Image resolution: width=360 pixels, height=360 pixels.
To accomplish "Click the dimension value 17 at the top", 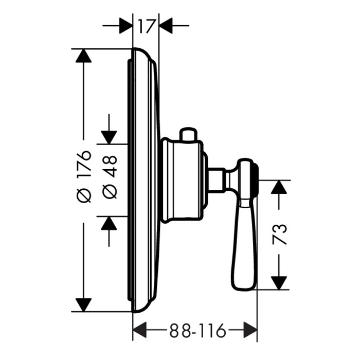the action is coord(146,26).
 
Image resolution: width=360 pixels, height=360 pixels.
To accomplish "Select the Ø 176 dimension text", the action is coord(84,176).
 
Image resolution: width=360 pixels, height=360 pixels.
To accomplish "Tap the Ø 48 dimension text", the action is coord(110,177).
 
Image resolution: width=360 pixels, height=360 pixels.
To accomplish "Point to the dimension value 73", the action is coord(279,235).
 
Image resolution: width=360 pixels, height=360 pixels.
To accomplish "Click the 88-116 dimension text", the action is coord(197,331).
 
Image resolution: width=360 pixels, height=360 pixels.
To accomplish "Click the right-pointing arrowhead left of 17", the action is coord(126,26).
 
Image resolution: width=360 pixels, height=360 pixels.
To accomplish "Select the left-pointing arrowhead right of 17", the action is coord(166,26).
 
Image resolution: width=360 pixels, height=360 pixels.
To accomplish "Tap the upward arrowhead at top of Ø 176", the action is coord(83,56).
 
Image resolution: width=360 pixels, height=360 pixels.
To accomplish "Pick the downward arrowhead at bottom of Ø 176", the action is coord(83,305).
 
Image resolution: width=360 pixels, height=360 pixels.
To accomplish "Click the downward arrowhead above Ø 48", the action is coord(109,137).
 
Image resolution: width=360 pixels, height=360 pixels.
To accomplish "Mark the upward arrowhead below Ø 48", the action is coord(109,223).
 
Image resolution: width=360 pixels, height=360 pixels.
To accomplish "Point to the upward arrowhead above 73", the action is coord(279,187).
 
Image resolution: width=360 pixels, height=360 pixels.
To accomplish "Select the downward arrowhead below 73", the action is coord(279,283).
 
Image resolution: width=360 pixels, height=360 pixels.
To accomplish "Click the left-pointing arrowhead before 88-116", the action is coord(140,330).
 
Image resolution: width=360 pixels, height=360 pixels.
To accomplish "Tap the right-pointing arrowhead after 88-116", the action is coord(250,330).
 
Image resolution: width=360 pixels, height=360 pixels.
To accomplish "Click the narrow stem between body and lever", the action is coord(217,179).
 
